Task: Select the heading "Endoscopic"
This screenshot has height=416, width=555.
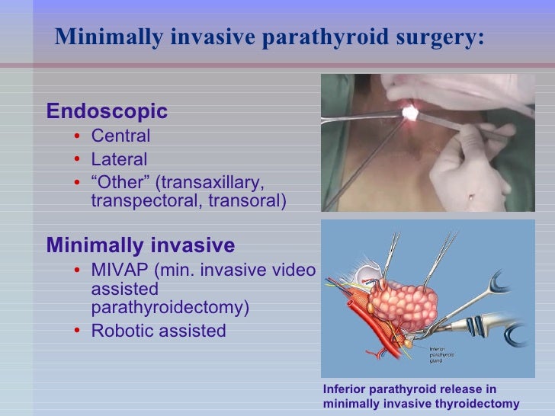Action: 107,111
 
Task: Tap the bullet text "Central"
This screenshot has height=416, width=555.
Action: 120,136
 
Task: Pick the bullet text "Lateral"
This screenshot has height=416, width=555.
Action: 119,160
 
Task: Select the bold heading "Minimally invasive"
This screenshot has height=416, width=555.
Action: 140,245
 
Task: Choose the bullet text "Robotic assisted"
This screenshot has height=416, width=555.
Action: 159,331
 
